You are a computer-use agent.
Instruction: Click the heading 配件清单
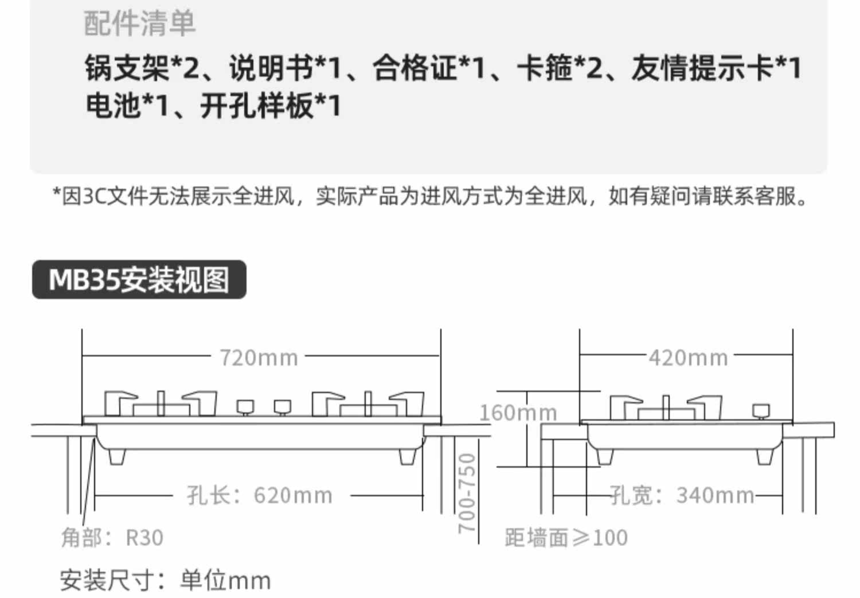[140, 24]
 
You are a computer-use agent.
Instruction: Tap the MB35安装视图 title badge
[139, 280]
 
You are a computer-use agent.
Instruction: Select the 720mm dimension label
[259, 358]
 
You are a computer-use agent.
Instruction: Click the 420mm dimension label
[688, 358]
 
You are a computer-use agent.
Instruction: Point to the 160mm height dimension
[518, 412]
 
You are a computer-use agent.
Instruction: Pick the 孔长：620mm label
[260, 495]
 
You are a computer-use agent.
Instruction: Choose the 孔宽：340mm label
[682, 495]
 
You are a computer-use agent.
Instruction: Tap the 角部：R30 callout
[112, 537]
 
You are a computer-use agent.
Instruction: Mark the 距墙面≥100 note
[566, 537]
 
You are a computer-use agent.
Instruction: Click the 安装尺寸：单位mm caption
[165, 580]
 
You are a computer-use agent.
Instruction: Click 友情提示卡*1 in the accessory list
[716, 68]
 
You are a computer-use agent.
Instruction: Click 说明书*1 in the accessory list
[286, 68]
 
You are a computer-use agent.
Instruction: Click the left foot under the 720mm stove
[116, 456]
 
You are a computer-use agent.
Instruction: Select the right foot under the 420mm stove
[765, 456]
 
